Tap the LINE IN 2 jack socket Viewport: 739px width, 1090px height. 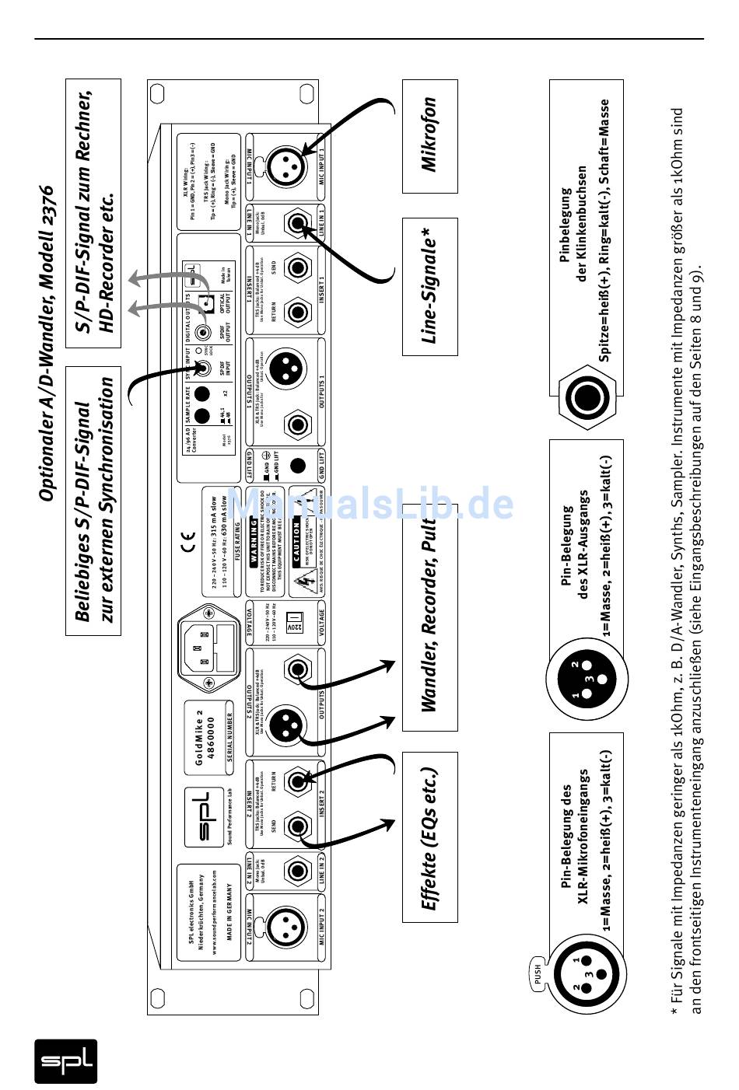[298, 869]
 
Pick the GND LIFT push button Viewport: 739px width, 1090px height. [296, 466]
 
